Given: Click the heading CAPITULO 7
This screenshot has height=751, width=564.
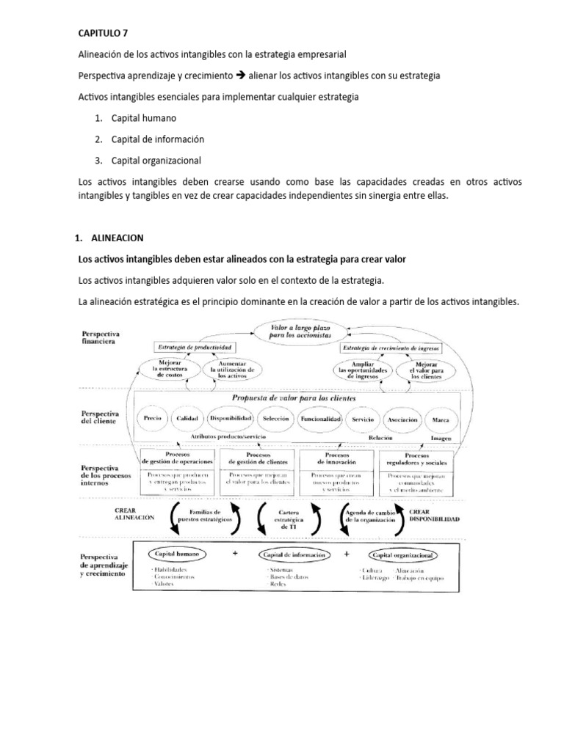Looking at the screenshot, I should [x=104, y=33].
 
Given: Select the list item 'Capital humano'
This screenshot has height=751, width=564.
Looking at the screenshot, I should [x=143, y=117].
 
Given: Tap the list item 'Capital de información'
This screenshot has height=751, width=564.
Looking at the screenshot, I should [x=157, y=139].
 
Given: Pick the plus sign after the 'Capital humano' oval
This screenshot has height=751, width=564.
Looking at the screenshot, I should [x=235, y=554].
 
